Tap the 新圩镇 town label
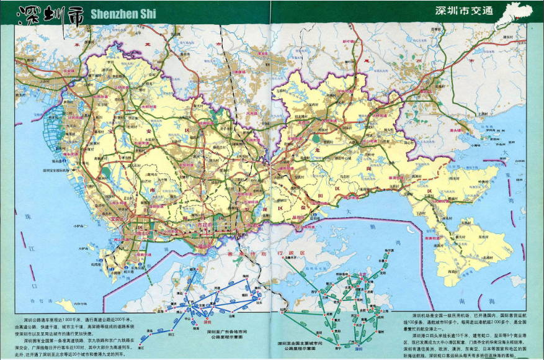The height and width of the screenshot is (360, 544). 351,41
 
